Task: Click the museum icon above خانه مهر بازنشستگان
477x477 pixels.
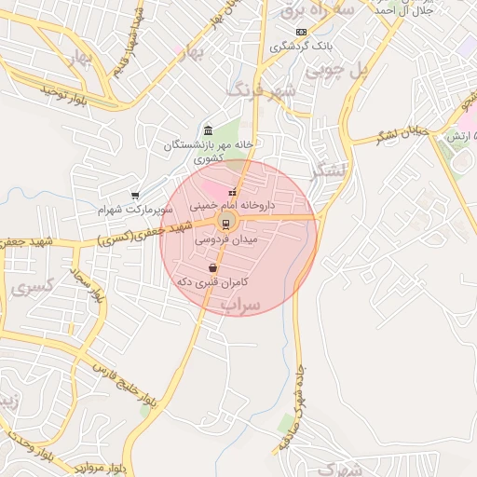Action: click(x=206, y=129)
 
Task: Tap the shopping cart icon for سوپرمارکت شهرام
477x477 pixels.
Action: click(x=136, y=196)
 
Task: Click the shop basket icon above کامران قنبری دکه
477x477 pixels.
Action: click(x=213, y=267)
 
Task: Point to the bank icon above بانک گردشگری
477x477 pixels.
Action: click(x=299, y=32)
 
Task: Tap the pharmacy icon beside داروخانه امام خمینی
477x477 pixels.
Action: click(x=232, y=193)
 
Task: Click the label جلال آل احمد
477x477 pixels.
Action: click(x=409, y=11)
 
